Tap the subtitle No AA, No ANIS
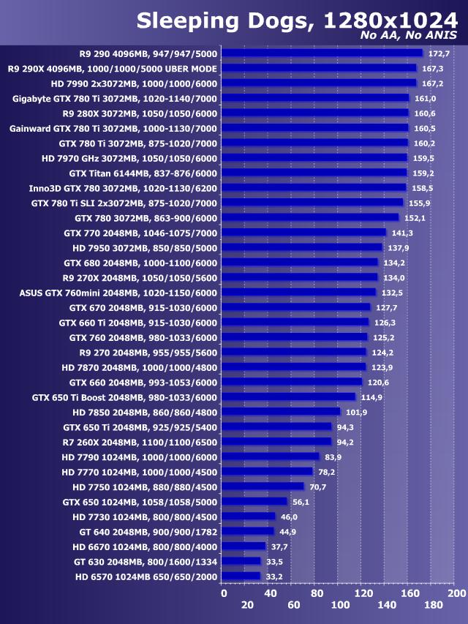(x=409, y=36)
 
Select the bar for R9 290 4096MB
(x=322, y=53)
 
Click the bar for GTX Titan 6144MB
(x=314, y=173)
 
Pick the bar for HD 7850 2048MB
(x=281, y=412)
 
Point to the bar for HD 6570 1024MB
(x=241, y=576)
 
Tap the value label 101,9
(x=357, y=412)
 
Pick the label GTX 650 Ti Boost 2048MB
(x=125, y=397)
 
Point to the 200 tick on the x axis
(x=456, y=593)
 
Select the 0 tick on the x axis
(x=224, y=593)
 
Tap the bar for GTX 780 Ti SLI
(x=312, y=203)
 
